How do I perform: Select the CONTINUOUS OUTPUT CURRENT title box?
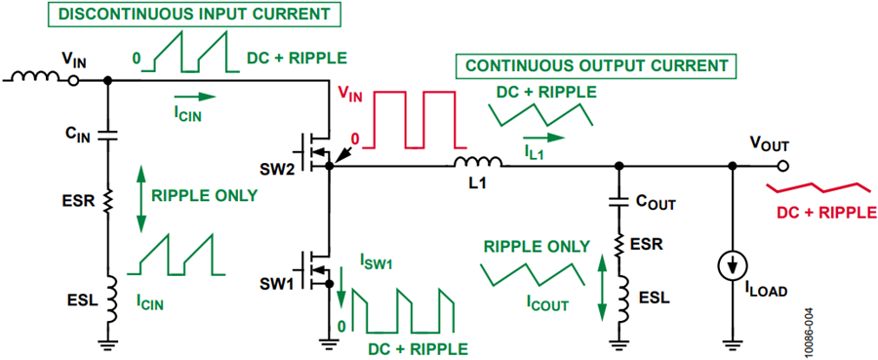(596, 66)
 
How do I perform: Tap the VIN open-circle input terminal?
(73, 81)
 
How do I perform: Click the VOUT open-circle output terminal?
(782, 166)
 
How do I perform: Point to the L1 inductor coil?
(478, 162)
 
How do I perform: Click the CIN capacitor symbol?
(108, 135)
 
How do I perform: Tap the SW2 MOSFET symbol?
(317, 151)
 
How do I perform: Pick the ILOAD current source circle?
(732, 265)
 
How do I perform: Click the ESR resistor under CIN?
(108, 199)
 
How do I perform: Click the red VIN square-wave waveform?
(409, 119)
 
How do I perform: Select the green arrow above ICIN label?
(194, 97)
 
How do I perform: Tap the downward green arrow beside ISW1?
(342, 290)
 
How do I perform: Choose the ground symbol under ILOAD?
(732, 341)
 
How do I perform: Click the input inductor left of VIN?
(36, 77)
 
